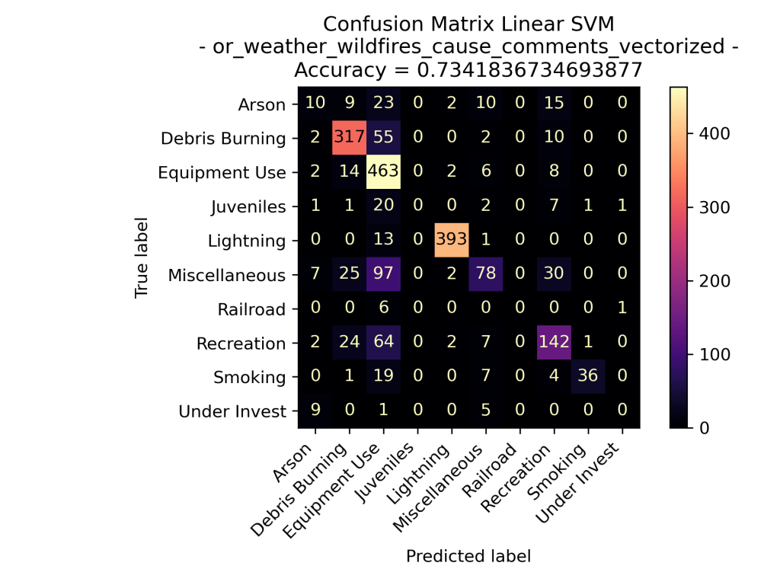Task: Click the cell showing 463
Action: point(382,173)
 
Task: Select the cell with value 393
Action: point(451,241)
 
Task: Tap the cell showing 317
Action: point(348,139)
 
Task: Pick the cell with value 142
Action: point(554,344)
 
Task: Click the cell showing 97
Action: point(382,275)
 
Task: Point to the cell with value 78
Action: point(485,275)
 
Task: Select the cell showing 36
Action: point(588,377)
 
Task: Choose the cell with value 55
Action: point(382,139)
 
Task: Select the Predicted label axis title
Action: point(468,556)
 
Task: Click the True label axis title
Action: point(141,258)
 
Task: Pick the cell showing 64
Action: point(382,344)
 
